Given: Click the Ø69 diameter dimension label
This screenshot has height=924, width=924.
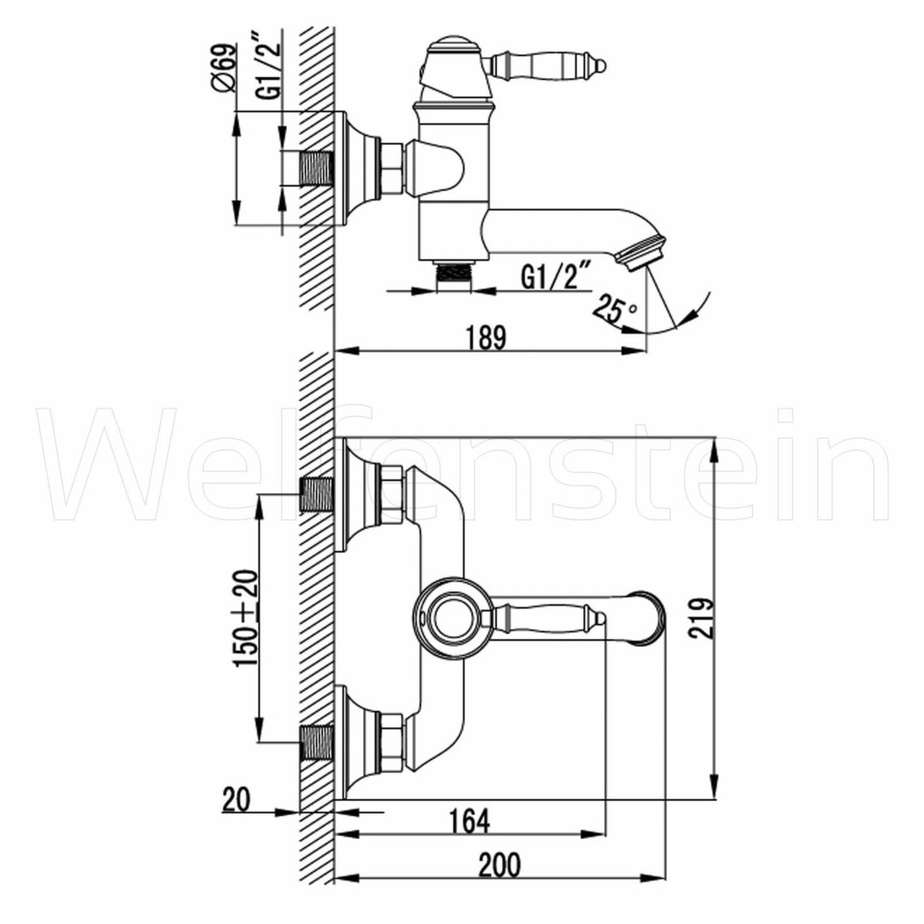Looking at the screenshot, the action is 224,68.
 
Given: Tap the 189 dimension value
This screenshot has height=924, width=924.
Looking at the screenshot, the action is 487,338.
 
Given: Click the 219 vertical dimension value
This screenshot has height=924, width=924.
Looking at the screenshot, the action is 702,618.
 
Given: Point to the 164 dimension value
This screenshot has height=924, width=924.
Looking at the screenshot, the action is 469,821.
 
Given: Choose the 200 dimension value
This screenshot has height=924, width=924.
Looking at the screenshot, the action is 500,865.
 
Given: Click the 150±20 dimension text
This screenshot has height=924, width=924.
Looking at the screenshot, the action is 246,619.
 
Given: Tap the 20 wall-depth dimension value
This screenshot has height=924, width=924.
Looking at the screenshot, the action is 236,800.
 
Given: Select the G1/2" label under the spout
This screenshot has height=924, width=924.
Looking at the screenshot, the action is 554,277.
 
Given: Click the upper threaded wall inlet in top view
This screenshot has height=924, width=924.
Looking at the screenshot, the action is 317,494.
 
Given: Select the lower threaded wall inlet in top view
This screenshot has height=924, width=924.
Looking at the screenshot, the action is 317,742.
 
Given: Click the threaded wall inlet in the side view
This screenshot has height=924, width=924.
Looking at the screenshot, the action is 317,169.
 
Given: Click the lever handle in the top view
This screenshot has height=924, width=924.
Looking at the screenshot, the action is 544,619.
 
